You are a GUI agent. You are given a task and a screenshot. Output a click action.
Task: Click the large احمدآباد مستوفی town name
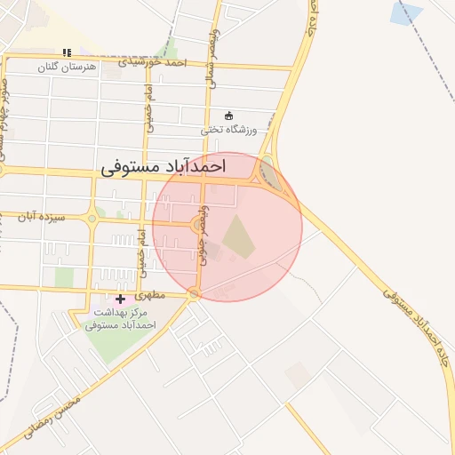(164, 166)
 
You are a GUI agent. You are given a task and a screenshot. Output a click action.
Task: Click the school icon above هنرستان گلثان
(67, 52)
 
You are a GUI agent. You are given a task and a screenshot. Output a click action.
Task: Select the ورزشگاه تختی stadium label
(228, 129)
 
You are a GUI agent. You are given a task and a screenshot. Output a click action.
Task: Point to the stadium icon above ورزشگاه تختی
(228, 116)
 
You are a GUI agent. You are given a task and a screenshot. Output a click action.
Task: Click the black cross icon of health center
(121, 299)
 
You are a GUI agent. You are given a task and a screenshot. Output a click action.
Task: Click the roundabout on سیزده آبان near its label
(90, 217)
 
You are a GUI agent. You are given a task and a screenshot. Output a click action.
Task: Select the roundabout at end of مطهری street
(195, 294)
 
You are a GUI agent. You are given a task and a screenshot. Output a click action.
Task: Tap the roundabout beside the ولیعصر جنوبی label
(196, 225)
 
